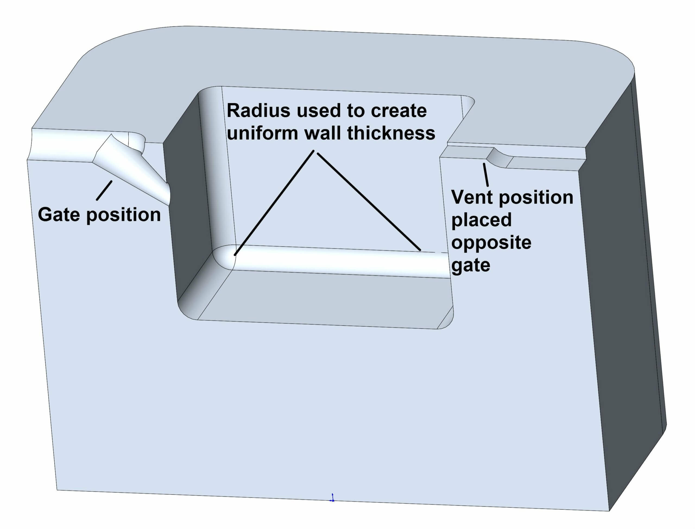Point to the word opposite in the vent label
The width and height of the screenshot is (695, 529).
491,243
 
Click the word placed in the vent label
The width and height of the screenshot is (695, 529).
481,220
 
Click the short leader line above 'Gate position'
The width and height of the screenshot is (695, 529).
104,190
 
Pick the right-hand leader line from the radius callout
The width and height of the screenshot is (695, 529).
369,202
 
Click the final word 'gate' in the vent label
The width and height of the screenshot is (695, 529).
471,265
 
